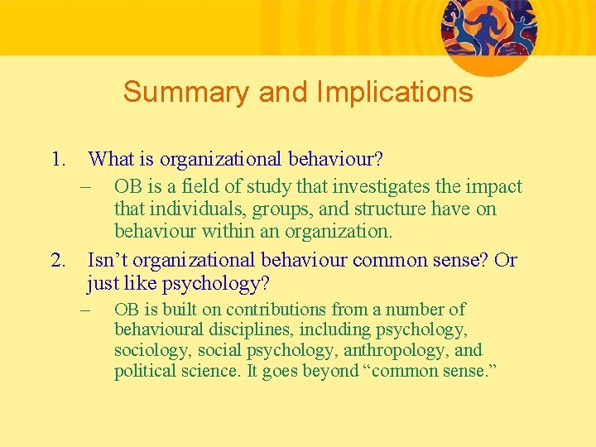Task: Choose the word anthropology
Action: click(x=396, y=350)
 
